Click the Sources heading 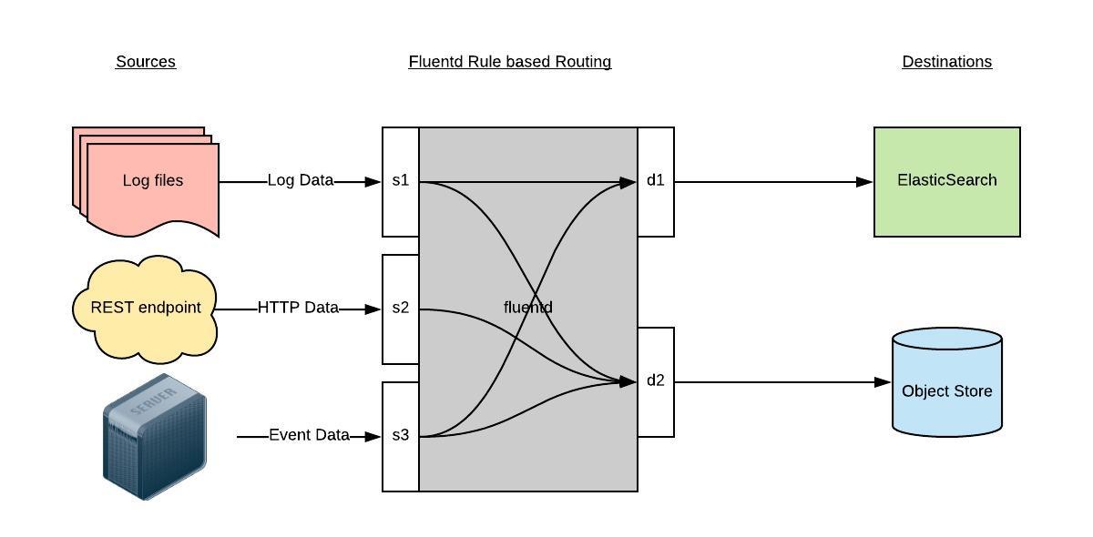[146, 62]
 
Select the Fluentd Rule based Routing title [509, 62]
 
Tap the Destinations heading [946, 62]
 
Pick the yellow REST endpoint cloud [145, 308]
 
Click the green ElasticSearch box [946, 181]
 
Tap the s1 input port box [401, 181]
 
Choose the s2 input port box [401, 309]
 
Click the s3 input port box [401, 436]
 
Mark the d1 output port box [656, 181]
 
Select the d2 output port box [656, 381]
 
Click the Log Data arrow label [301, 181]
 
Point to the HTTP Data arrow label [298, 309]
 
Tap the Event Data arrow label [309, 436]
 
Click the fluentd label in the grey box [528, 308]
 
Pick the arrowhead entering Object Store [883, 382]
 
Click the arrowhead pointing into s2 [373, 309]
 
